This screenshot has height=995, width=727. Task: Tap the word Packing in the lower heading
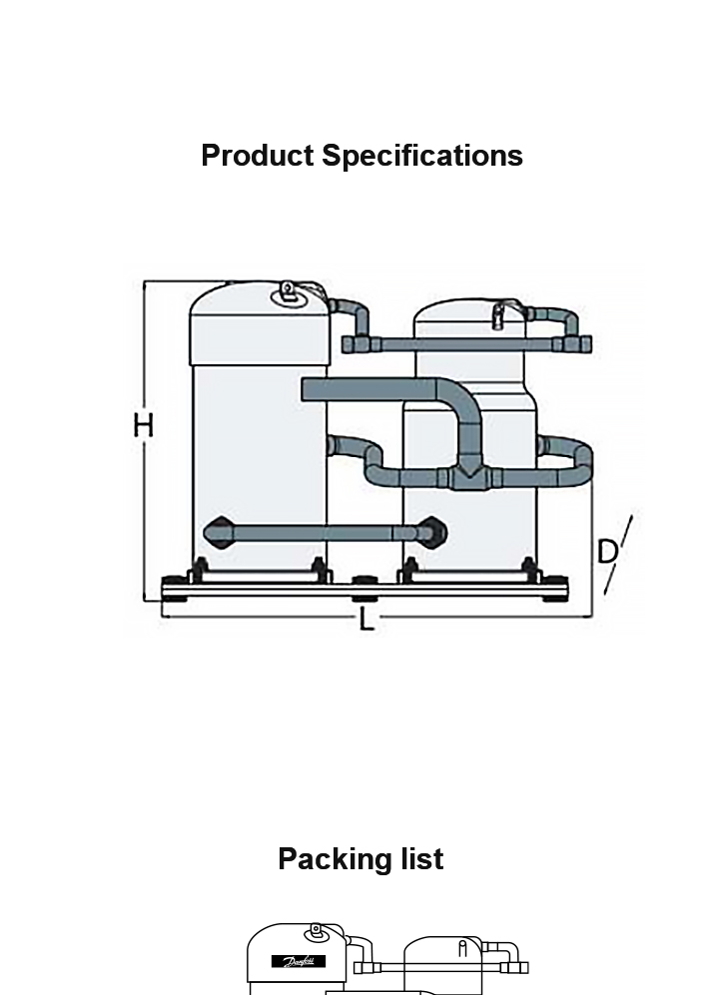pos(331,859)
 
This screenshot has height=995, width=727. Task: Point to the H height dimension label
pos(144,426)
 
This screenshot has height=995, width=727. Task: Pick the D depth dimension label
pos(607,551)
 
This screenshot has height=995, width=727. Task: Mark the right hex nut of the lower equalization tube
pos(431,531)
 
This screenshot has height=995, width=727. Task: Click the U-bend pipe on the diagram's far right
pos(580,463)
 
